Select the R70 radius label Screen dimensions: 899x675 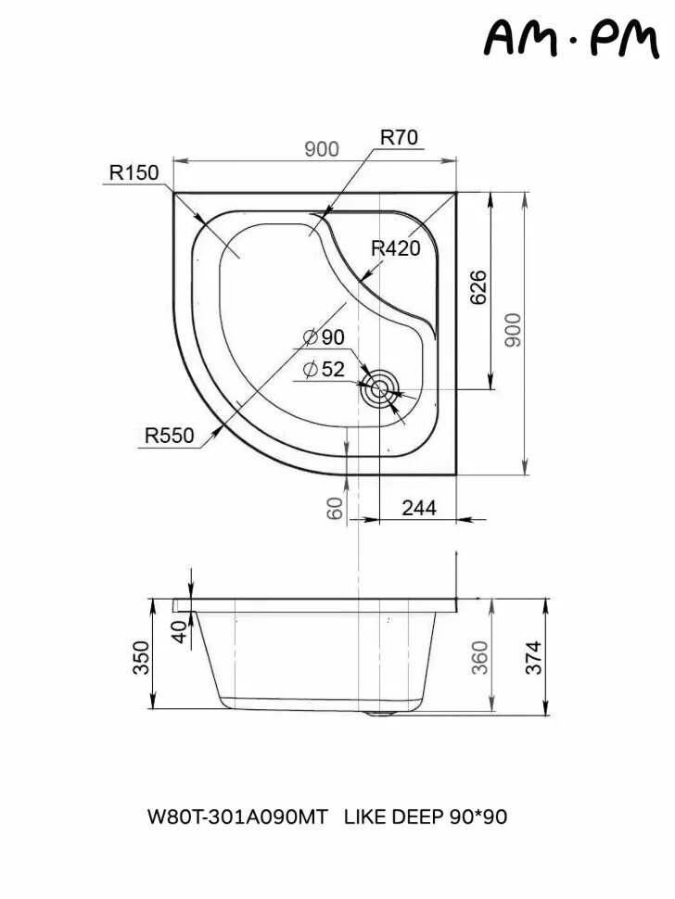click(x=399, y=137)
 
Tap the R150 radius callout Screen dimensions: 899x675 click(x=134, y=172)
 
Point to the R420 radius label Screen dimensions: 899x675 click(x=396, y=248)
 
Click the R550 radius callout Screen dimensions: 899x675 click(x=169, y=435)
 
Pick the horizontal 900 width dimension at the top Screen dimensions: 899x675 click(x=322, y=149)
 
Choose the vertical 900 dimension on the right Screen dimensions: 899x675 click(x=514, y=330)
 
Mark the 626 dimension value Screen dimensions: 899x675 click(x=478, y=288)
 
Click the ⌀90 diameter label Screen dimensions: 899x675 click(x=324, y=337)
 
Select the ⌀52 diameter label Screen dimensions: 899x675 click(x=324, y=369)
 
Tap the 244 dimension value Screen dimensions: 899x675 click(x=417, y=507)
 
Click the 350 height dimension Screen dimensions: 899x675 click(x=140, y=657)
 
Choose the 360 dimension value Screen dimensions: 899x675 click(x=479, y=658)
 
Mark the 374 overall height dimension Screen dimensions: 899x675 click(x=532, y=658)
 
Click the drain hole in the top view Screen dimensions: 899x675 click(x=379, y=390)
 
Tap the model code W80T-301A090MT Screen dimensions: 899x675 click(x=237, y=817)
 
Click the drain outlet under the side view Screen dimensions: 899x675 click(x=380, y=713)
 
